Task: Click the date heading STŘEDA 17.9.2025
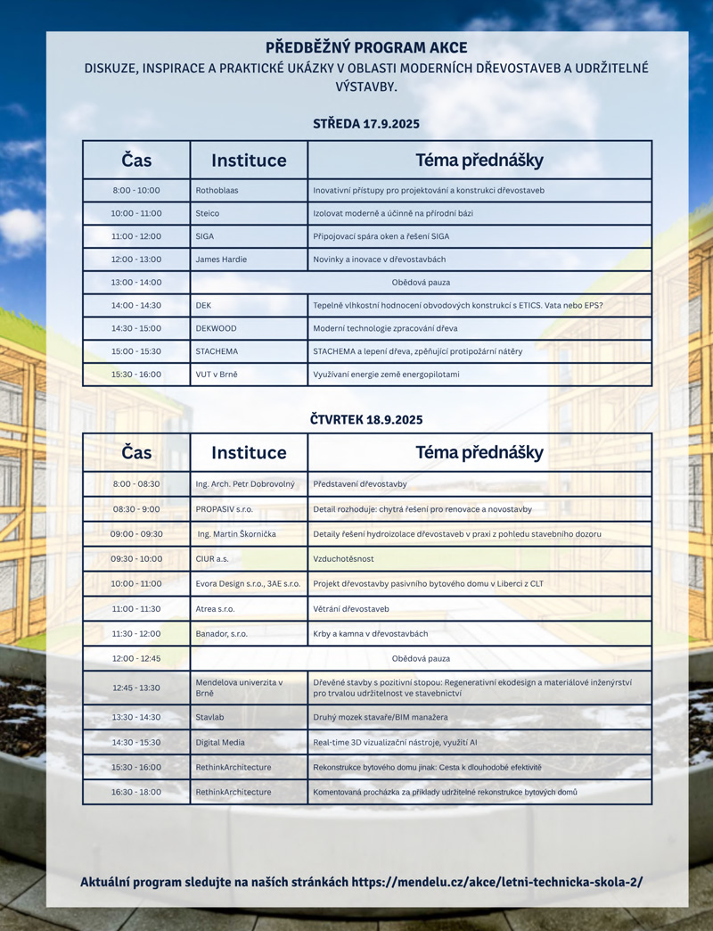click(365, 124)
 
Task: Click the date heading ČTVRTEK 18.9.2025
click(365, 419)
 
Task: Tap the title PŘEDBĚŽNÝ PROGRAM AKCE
click(365, 48)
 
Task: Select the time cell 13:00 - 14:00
click(136, 282)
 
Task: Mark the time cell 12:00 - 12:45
click(136, 658)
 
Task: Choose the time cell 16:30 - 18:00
click(136, 792)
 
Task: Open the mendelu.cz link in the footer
click(497, 882)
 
